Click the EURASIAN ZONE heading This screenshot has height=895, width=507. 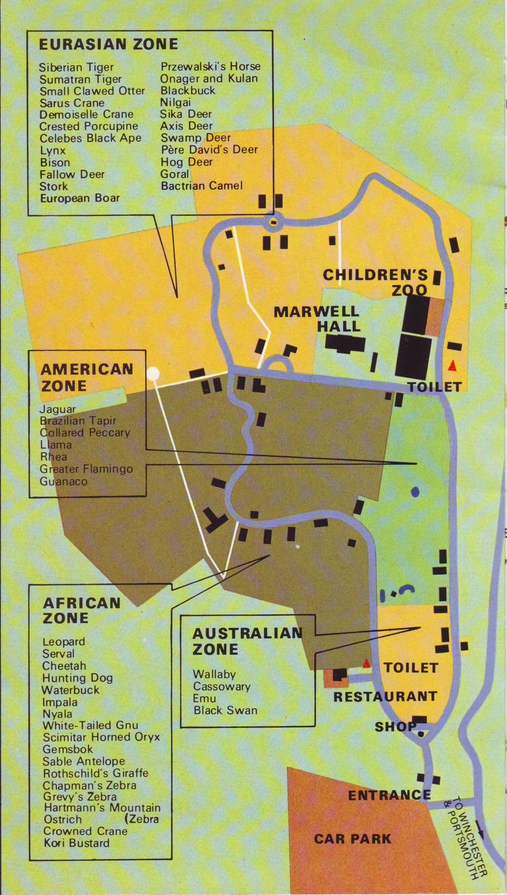pyautogui.click(x=108, y=44)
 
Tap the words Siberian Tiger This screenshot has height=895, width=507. pyautogui.click(x=76, y=67)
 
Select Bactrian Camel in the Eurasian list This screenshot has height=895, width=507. pyautogui.click(x=201, y=185)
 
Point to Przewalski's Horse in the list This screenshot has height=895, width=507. pyautogui.click(x=210, y=66)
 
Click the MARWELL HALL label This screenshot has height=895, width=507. pyautogui.click(x=316, y=318)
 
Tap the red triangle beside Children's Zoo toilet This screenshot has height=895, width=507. pyautogui.click(x=452, y=366)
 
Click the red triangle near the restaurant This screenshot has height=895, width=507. pyautogui.click(x=367, y=663)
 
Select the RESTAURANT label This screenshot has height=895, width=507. pyautogui.click(x=385, y=696)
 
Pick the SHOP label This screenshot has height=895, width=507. pyautogui.click(x=395, y=727)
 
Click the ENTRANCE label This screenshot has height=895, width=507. pyautogui.click(x=389, y=795)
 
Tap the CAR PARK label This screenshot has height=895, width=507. pyautogui.click(x=353, y=838)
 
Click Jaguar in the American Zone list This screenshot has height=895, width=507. pyautogui.click(x=58, y=409)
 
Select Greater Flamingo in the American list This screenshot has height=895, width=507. pyautogui.click(x=86, y=469)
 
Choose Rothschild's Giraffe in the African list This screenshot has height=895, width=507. pyautogui.click(x=95, y=773)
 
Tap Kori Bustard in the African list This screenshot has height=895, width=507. pyautogui.click(x=76, y=843)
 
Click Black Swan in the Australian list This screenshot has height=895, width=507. pyautogui.click(x=225, y=710)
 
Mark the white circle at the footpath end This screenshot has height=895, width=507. pyautogui.click(x=153, y=373)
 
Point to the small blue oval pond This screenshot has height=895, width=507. pyautogui.click(x=415, y=491)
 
